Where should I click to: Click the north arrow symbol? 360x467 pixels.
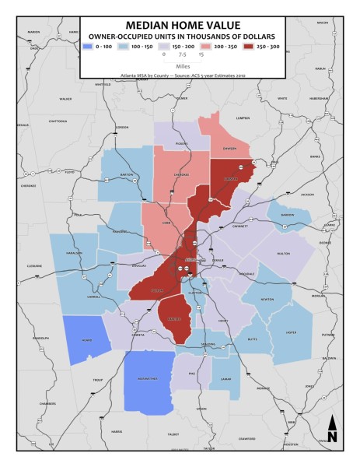pyautogui.click(x=332, y=429)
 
